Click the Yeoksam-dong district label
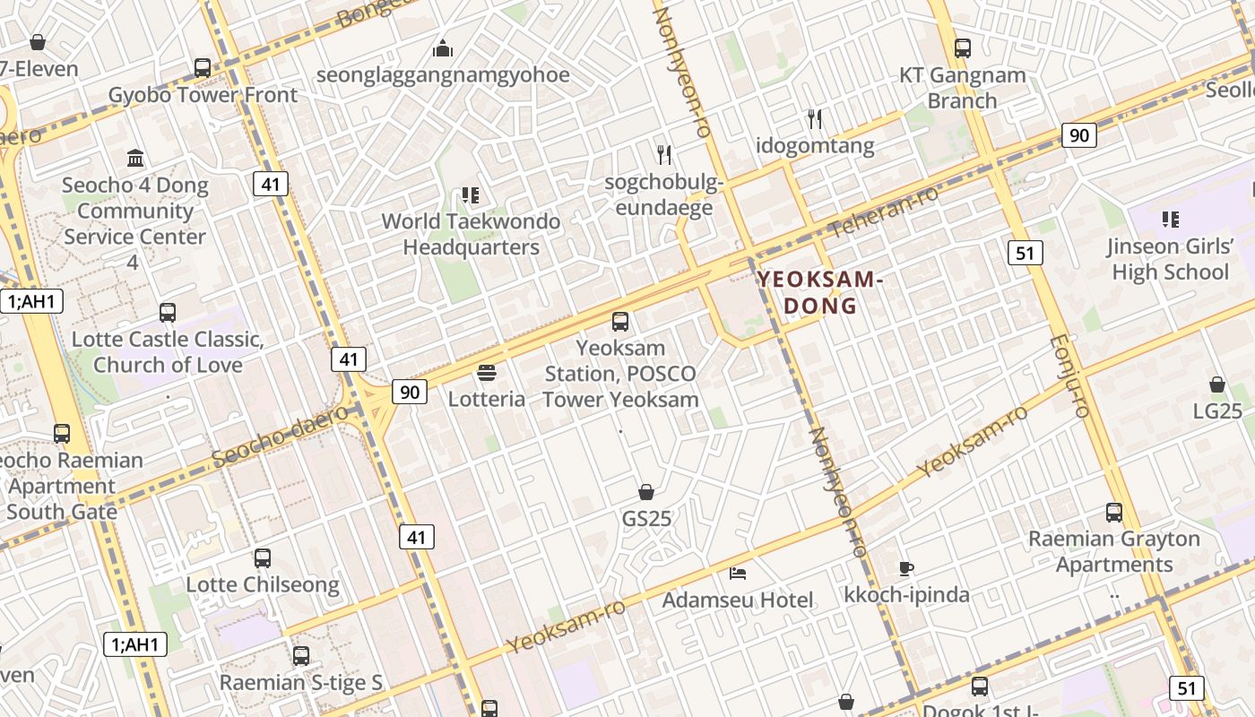(820, 292)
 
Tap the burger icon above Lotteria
(487, 372)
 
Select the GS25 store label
(646, 518)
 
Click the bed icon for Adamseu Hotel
(738, 573)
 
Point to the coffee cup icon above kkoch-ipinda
(906, 567)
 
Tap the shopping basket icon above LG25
(1217, 384)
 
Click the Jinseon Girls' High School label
(1170, 259)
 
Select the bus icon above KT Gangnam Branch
(963, 48)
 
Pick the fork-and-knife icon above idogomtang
(815, 118)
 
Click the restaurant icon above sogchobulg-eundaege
(664, 154)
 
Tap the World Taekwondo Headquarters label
(471, 234)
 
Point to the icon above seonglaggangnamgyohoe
(443, 48)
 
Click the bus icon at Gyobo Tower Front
(203, 68)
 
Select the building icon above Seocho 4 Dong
(135, 159)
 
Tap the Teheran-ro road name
(883, 212)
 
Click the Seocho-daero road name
(280, 436)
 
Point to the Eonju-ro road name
(1068, 376)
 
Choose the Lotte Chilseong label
(262, 584)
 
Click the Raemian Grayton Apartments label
(1113, 551)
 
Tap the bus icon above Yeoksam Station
(620, 322)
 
